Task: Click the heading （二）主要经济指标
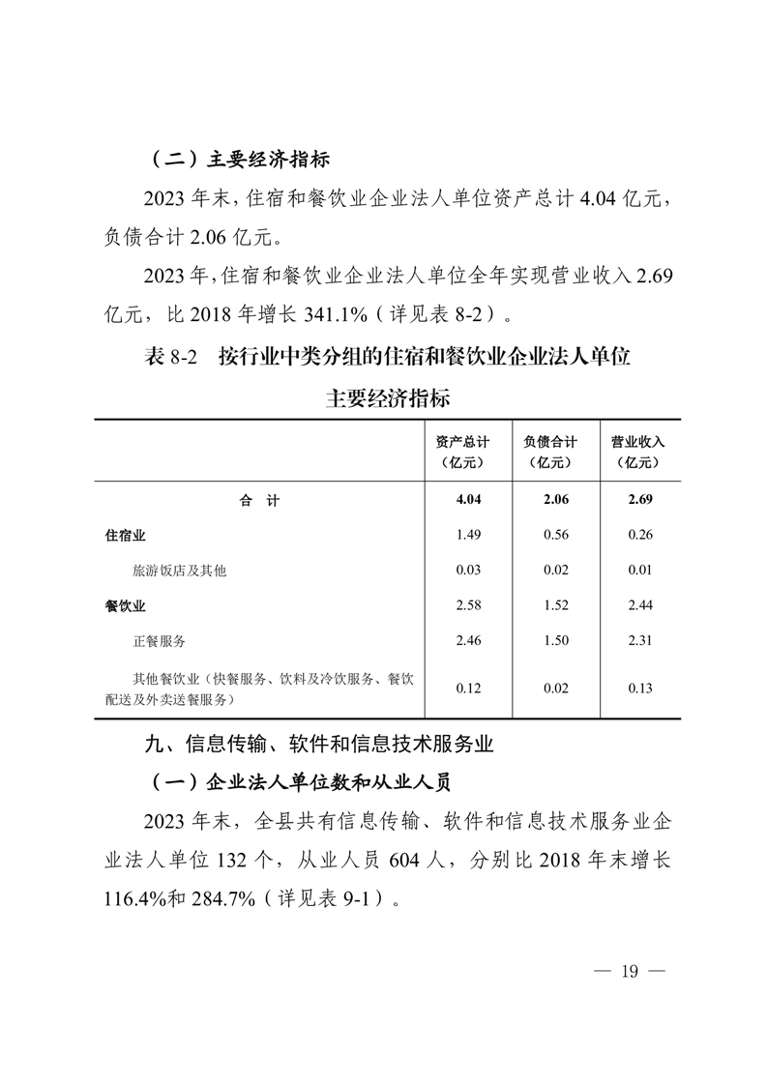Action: point(243,159)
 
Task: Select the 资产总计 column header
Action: point(461,451)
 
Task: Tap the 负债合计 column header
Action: point(550,451)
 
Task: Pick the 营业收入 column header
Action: point(638,451)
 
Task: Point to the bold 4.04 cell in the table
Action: point(468,500)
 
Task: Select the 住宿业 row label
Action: point(126,535)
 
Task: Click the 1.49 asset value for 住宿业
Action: point(468,535)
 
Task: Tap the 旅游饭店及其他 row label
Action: point(179,571)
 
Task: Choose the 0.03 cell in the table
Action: point(468,571)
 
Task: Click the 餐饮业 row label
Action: point(126,605)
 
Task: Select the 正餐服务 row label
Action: point(160,640)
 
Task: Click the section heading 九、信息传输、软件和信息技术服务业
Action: point(319,746)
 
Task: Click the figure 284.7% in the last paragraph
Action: point(221,898)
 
